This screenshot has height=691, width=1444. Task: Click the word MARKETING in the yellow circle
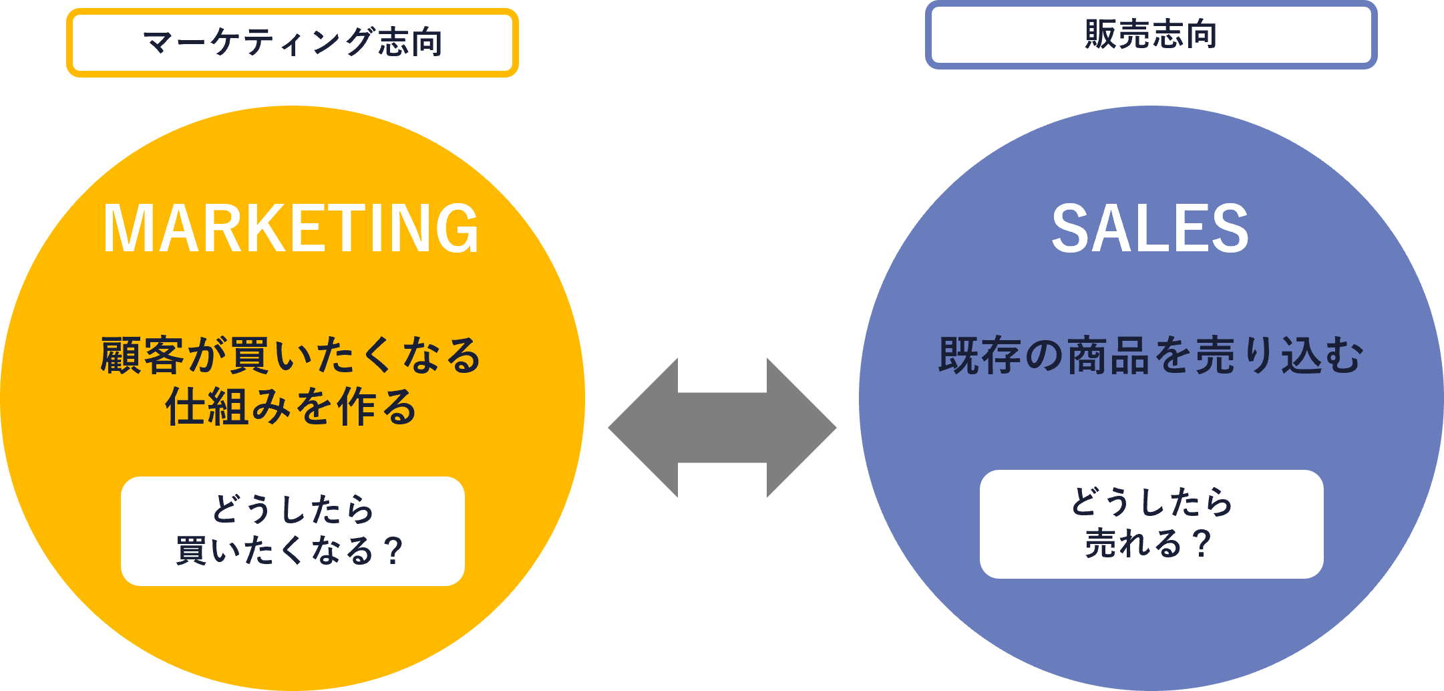click(x=291, y=229)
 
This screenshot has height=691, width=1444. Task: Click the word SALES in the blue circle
click(x=1150, y=229)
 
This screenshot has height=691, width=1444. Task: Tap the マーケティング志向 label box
click(x=293, y=43)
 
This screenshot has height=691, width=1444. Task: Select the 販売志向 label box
click(x=1151, y=35)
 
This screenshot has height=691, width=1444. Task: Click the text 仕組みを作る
click(x=291, y=406)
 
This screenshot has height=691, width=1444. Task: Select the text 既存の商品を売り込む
click(x=1150, y=355)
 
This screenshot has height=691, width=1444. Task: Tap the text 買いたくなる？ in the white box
click(x=291, y=551)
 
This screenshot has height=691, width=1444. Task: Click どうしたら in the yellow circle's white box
click(x=293, y=509)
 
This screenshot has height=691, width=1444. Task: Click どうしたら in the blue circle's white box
click(x=1151, y=502)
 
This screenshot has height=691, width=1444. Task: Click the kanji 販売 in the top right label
click(x=1117, y=35)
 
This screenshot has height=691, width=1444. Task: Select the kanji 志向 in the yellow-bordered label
click(x=410, y=43)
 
